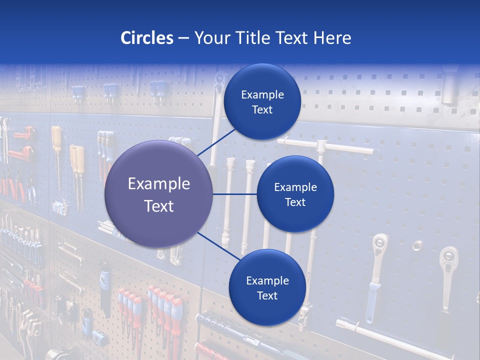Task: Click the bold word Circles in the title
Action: coord(146,38)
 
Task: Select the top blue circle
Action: coord(262,101)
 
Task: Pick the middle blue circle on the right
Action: coord(295,194)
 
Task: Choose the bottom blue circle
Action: coord(267,287)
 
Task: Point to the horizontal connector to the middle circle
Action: coord(235,194)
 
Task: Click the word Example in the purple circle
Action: coord(159,184)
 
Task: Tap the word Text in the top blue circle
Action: coord(262,110)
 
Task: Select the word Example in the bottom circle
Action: coord(267,281)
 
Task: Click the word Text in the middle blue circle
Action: coord(295,202)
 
